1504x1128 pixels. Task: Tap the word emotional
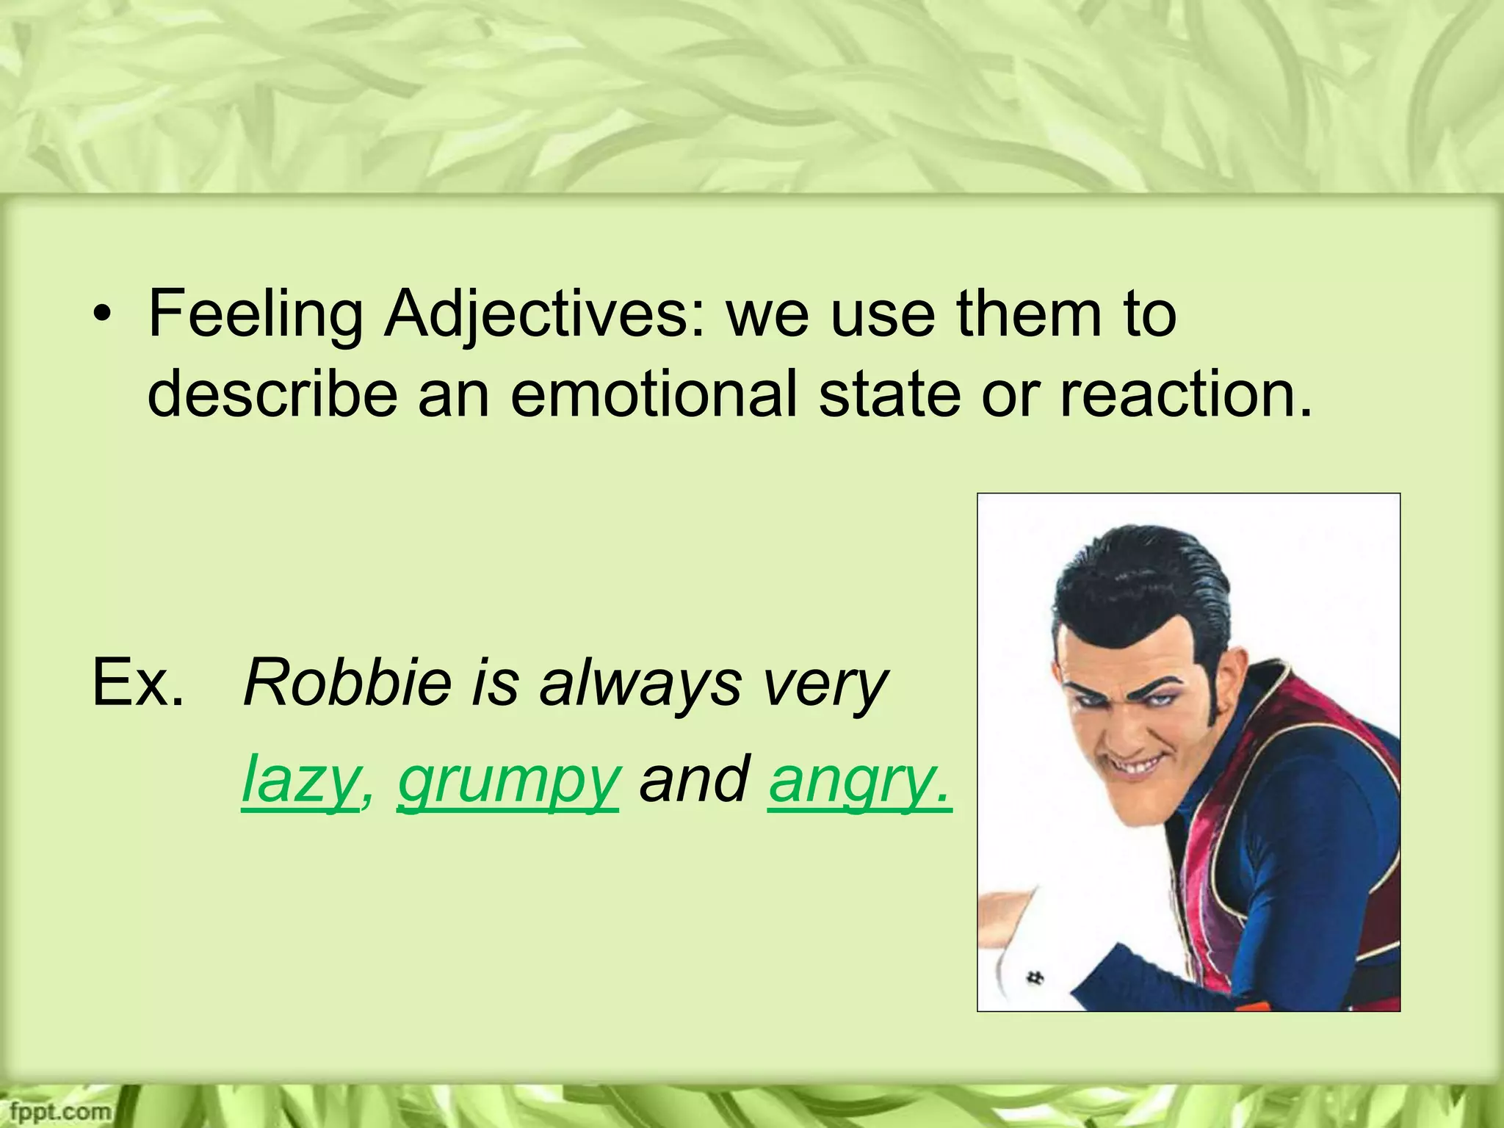tap(654, 394)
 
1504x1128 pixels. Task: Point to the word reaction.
tap(1185, 394)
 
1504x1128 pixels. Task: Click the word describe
tap(273, 394)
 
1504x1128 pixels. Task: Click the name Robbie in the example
tap(347, 683)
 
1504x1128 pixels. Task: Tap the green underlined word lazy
tap(299, 780)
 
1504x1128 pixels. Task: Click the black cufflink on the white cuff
tap(1036, 977)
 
